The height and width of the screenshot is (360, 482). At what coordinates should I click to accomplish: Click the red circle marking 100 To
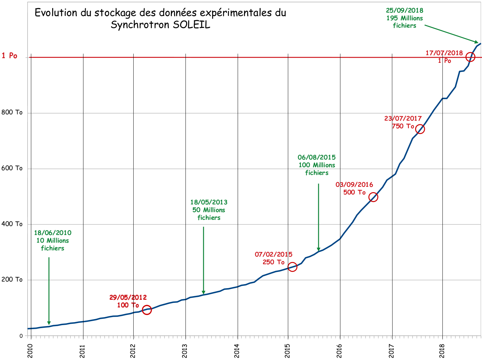[147, 310]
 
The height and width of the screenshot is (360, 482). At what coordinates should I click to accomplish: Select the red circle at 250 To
[292, 267]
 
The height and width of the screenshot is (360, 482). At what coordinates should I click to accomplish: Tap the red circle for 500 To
[373, 197]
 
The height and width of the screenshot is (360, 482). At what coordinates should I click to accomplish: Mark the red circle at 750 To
[420, 129]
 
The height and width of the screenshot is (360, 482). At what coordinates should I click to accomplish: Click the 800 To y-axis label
[12, 112]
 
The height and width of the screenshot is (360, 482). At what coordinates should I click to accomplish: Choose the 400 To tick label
[12, 224]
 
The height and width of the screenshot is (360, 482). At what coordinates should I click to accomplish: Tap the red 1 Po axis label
[9, 56]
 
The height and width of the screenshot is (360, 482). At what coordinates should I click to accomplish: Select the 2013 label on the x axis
[185, 351]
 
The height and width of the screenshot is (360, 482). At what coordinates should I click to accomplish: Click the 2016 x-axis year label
[339, 351]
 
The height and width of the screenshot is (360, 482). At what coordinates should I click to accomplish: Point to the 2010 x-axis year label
[30, 351]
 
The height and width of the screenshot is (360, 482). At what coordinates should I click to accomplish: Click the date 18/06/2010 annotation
[53, 233]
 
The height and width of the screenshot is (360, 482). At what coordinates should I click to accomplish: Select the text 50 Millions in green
[209, 210]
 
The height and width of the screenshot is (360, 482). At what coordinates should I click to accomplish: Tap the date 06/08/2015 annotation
[316, 157]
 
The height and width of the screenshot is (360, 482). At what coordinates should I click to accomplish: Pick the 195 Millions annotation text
[405, 18]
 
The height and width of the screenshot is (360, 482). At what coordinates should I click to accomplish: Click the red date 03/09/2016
[354, 184]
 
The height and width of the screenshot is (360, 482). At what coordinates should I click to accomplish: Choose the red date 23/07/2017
[403, 118]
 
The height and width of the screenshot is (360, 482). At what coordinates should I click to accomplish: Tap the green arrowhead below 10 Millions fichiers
[49, 323]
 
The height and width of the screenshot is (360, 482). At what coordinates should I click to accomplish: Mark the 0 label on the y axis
[21, 336]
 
